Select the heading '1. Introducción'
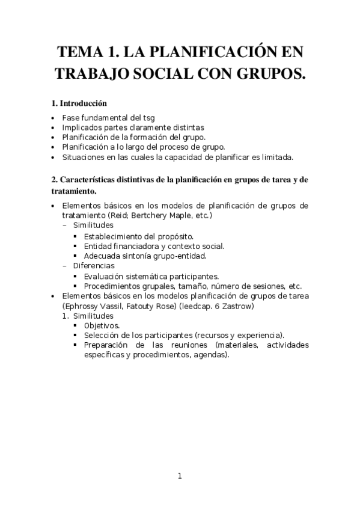79,103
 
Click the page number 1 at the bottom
179,476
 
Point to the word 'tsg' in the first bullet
148,117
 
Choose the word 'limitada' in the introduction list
273,157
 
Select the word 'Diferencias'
94,265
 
